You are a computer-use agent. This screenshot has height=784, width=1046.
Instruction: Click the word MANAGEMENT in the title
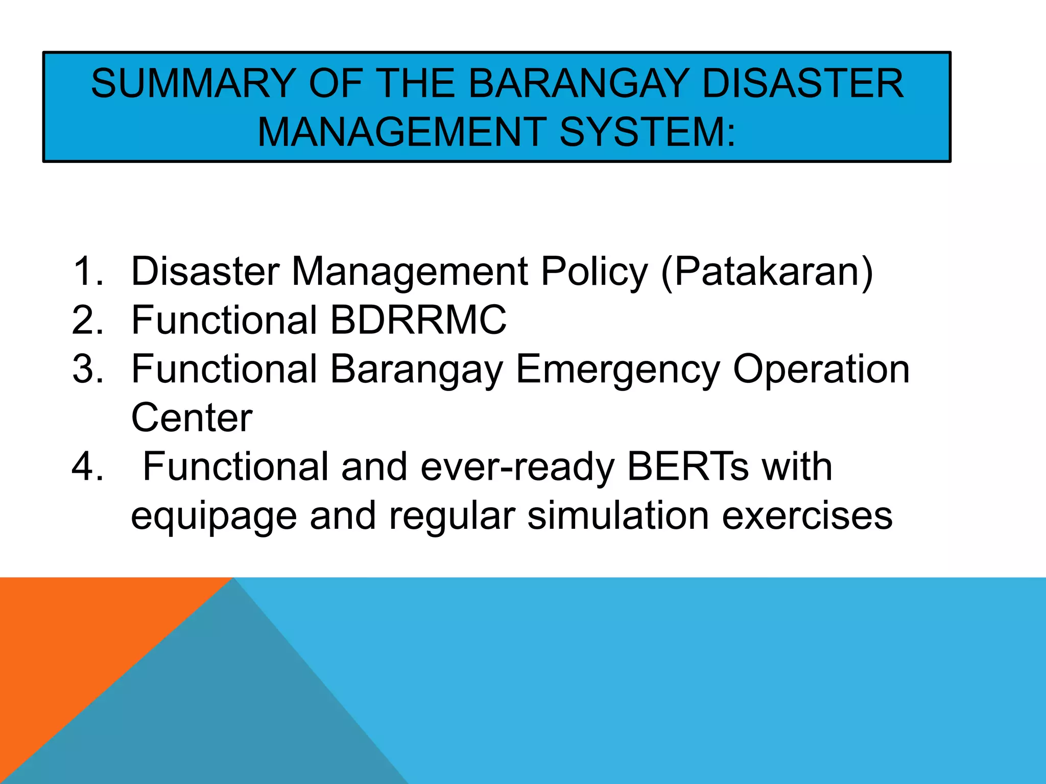[x=401, y=133]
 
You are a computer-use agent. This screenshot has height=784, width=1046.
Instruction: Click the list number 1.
[x=87, y=271]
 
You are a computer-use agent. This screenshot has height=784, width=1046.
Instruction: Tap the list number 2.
[x=87, y=320]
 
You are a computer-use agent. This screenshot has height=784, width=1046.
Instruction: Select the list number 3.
[x=87, y=369]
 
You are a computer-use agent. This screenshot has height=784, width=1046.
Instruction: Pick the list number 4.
[x=87, y=467]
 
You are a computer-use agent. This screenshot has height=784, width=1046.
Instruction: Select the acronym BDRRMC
[x=418, y=320]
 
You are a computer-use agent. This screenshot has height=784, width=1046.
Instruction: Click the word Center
[x=192, y=418]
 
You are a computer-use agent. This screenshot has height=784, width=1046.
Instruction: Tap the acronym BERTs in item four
[x=687, y=467]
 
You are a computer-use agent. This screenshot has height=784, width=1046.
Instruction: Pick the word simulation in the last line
[x=618, y=516]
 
